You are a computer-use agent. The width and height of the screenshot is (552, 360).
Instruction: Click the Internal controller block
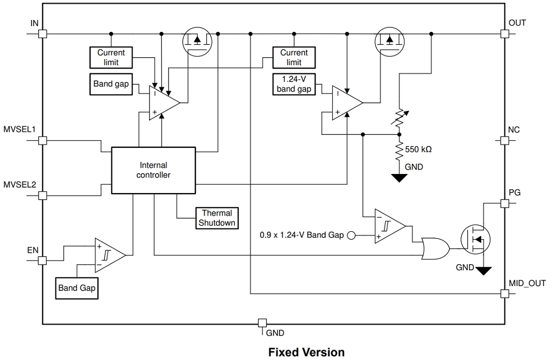pos(153,170)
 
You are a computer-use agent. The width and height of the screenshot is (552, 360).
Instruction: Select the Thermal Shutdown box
pos(217,218)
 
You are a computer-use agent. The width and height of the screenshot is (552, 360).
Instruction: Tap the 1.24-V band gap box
pos(294,84)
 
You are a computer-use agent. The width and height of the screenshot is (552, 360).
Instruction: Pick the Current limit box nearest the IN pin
pos(111,57)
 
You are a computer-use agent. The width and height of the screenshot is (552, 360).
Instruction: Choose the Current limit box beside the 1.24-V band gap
pos(294,57)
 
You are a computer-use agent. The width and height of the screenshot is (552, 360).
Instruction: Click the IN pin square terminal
pos(43,34)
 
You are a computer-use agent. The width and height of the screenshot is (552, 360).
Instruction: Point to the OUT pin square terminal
pos(504,34)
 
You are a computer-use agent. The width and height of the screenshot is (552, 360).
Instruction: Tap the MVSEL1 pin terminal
pos(43,141)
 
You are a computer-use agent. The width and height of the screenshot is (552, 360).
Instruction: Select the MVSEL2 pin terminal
pos(43,196)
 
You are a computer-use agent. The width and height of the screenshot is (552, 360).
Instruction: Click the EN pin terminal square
pos(43,261)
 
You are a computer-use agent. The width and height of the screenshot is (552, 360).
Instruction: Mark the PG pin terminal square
pos(504,204)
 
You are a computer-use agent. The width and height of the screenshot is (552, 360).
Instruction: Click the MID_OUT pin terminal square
pos(504,293)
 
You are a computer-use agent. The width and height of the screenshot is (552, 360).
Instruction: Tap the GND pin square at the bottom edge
pos(261,323)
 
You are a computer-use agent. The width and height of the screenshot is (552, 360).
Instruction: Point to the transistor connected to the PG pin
pos(474,240)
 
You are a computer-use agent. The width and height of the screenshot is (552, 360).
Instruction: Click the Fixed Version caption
pos(306,352)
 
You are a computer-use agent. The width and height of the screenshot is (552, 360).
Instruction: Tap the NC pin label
pos(514,130)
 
